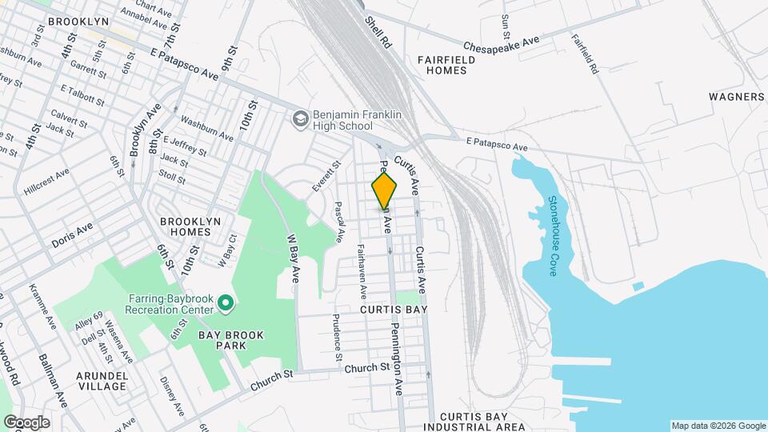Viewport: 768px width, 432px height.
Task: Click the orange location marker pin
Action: (x=384, y=190)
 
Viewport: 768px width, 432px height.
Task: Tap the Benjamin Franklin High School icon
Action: (x=301, y=119)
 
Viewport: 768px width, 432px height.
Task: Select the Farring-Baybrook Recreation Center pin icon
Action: (x=226, y=304)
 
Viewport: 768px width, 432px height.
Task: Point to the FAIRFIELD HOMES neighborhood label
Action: (x=442, y=65)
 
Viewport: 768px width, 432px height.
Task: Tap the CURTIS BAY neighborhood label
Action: (x=393, y=309)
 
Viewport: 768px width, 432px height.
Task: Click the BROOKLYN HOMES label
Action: (x=185, y=226)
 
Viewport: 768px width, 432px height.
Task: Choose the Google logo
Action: (x=26, y=422)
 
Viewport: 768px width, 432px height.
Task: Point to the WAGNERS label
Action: (x=737, y=97)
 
